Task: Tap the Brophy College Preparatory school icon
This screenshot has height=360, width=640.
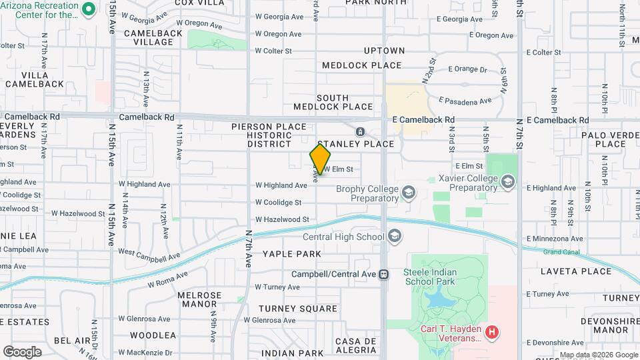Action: (x=408, y=193)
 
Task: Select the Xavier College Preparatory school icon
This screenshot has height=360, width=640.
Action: (x=508, y=183)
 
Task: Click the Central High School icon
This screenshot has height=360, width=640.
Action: (x=395, y=236)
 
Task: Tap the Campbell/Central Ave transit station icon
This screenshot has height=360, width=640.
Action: (x=383, y=274)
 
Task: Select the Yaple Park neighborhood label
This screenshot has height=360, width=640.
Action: (x=291, y=254)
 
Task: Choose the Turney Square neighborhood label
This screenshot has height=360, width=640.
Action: (x=297, y=309)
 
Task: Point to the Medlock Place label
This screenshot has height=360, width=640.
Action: (x=362, y=65)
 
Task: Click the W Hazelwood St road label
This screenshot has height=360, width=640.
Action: (x=282, y=219)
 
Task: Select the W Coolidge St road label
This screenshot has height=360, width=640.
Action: (x=278, y=202)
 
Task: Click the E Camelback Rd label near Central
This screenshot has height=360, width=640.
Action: (x=423, y=120)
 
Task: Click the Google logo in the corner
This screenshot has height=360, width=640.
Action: (x=22, y=351)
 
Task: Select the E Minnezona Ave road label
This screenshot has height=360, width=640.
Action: (x=554, y=238)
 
